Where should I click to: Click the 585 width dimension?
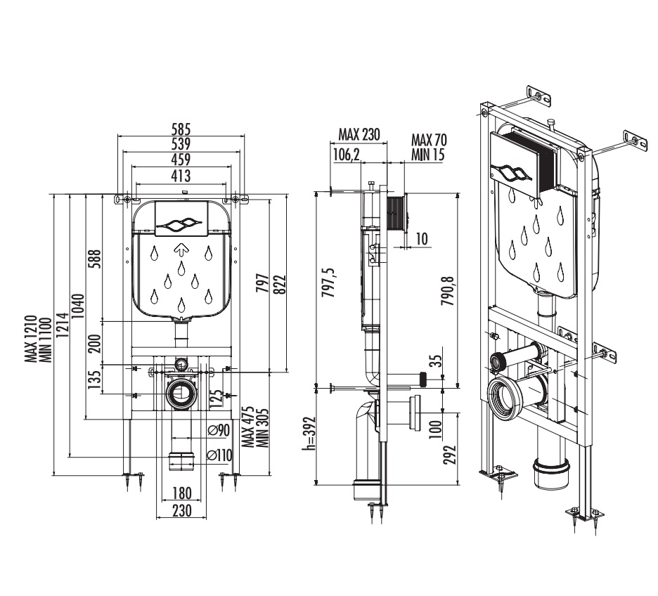(x=181, y=129)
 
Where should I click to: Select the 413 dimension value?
(x=181, y=176)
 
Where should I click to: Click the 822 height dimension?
(x=279, y=285)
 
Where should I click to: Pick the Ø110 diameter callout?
(x=219, y=455)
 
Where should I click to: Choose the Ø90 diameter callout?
(x=219, y=430)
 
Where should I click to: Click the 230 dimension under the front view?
(x=181, y=510)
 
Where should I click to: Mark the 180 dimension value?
(x=181, y=493)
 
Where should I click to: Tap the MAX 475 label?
(x=247, y=427)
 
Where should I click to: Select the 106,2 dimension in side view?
(x=347, y=155)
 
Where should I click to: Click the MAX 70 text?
(x=429, y=139)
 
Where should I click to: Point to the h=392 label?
(x=309, y=433)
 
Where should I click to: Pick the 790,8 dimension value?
(x=448, y=290)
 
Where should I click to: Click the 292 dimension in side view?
(x=449, y=455)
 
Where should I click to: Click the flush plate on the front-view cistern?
(x=181, y=219)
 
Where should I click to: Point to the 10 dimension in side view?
(x=422, y=239)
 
